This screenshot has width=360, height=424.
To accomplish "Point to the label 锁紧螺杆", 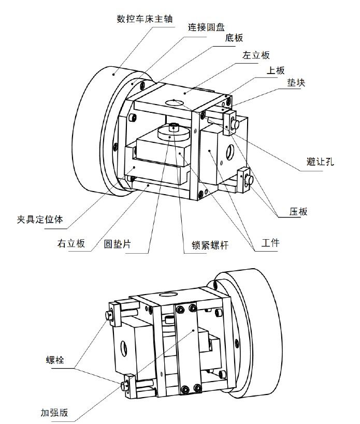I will [206, 244].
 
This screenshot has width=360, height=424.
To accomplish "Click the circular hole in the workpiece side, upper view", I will [230, 152].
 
